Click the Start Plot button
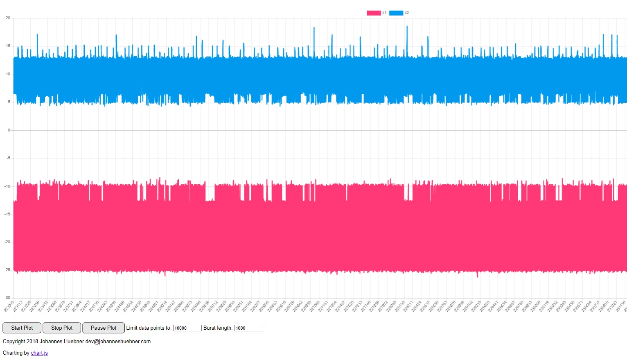pyautogui.click(x=22, y=328)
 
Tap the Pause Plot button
pyautogui.click(x=104, y=328)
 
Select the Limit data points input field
pyautogui.click(x=187, y=328)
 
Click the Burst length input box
pyautogui.click(x=248, y=328)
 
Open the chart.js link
pyautogui.click(x=39, y=353)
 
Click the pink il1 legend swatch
pyautogui.click(x=374, y=13)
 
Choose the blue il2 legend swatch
pyautogui.click(x=396, y=13)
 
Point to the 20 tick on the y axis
pyautogui.click(x=8, y=18)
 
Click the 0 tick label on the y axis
pyautogui.click(x=9, y=130)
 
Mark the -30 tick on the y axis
pyautogui.click(x=7, y=298)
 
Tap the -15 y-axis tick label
pyautogui.click(x=7, y=214)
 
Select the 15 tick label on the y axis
pyautogui.click(x=8, y=46)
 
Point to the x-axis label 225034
pyautogui.click(x=162, y=306)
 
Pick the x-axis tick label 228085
pyautogui.click(x=392, y=306)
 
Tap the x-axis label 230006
pyautogui.click(x=536, y=306)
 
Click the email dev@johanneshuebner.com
pyautogui.click(x=118, y=342)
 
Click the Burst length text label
pyautogui.click(x=218, y=328)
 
